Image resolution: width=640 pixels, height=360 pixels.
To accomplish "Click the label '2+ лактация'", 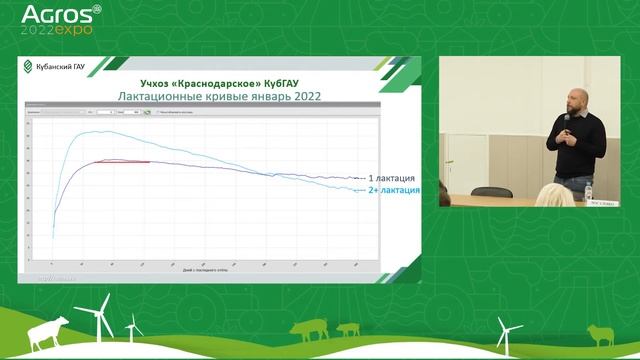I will tap(392, 190).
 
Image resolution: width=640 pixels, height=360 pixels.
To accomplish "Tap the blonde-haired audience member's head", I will tap(554, 194).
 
